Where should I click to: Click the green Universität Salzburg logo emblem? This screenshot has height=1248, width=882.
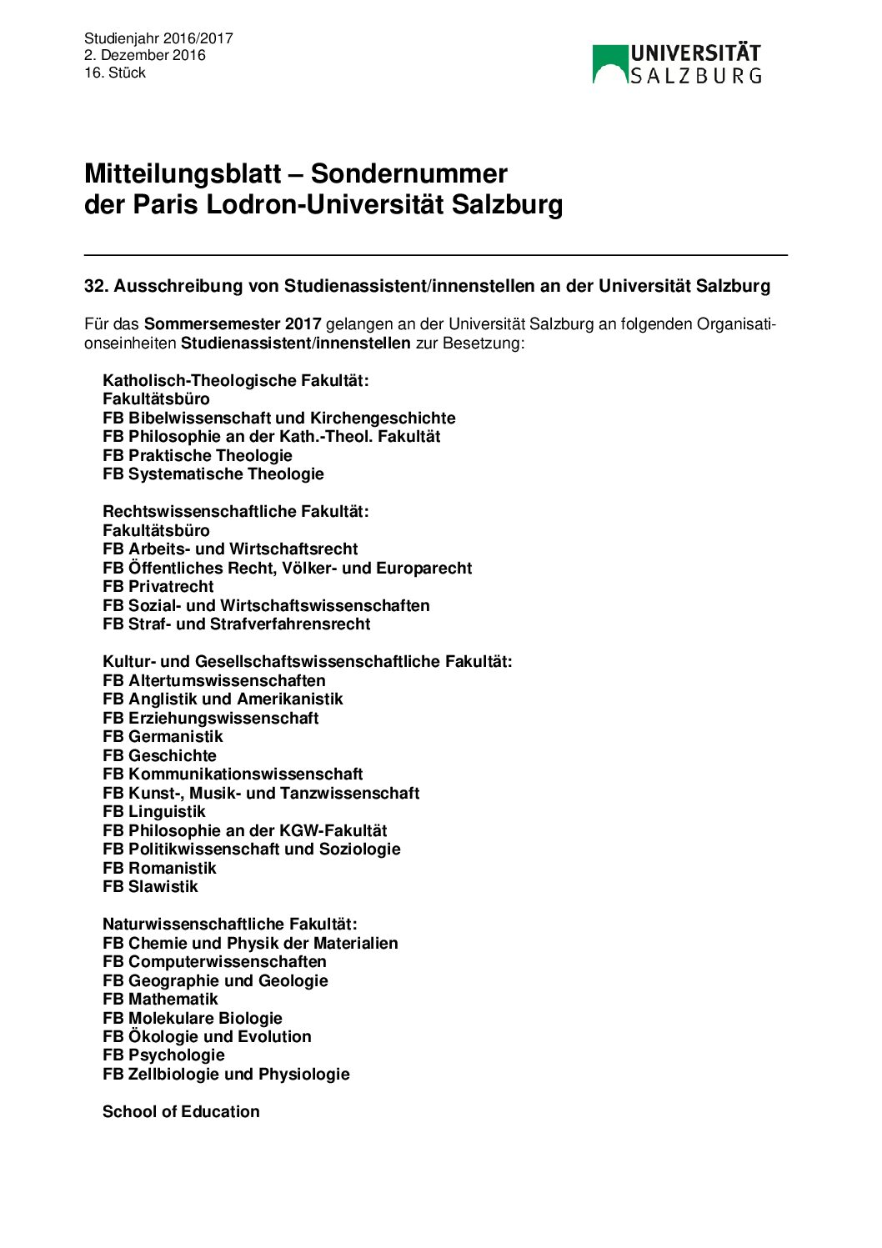pos(609,64)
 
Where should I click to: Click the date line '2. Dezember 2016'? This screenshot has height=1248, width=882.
pos(144,56)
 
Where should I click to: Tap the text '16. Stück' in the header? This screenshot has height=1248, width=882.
pos(115,73)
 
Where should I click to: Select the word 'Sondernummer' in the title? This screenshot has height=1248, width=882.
pos(408,173)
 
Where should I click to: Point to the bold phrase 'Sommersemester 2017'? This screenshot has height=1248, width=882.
pos(233,324)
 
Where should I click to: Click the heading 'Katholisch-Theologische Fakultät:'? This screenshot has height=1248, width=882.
pos(235,380)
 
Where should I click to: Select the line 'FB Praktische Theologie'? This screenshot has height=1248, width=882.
pos(198,455)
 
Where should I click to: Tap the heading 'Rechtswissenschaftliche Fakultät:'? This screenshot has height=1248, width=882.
pos(235,511)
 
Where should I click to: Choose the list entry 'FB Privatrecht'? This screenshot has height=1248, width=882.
pos(158,586)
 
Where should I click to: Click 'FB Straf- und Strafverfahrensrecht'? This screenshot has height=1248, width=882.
pos(237,624)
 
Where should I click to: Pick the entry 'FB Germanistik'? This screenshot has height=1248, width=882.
pos(163,736)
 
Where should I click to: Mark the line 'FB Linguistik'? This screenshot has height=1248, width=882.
pos(153,811)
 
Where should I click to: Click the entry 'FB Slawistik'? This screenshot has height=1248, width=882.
pos(150,886)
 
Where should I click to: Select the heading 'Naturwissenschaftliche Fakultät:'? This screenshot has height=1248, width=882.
pos(229,924)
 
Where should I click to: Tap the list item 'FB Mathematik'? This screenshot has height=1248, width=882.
pos(160,999)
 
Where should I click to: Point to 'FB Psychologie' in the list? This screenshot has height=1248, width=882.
pos(163,1055)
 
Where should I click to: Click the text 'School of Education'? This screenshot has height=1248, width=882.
pos(181,1111)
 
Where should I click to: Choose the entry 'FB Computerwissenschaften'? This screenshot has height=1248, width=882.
pos(214,961)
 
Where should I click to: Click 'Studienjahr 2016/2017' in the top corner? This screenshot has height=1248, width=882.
pos(158,38)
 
